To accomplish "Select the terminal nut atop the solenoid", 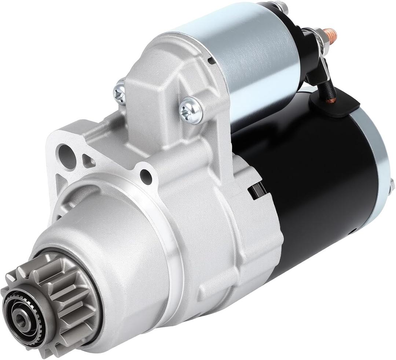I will click(x=280, y=6).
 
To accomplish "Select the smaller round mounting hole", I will click(x=146, y=177).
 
